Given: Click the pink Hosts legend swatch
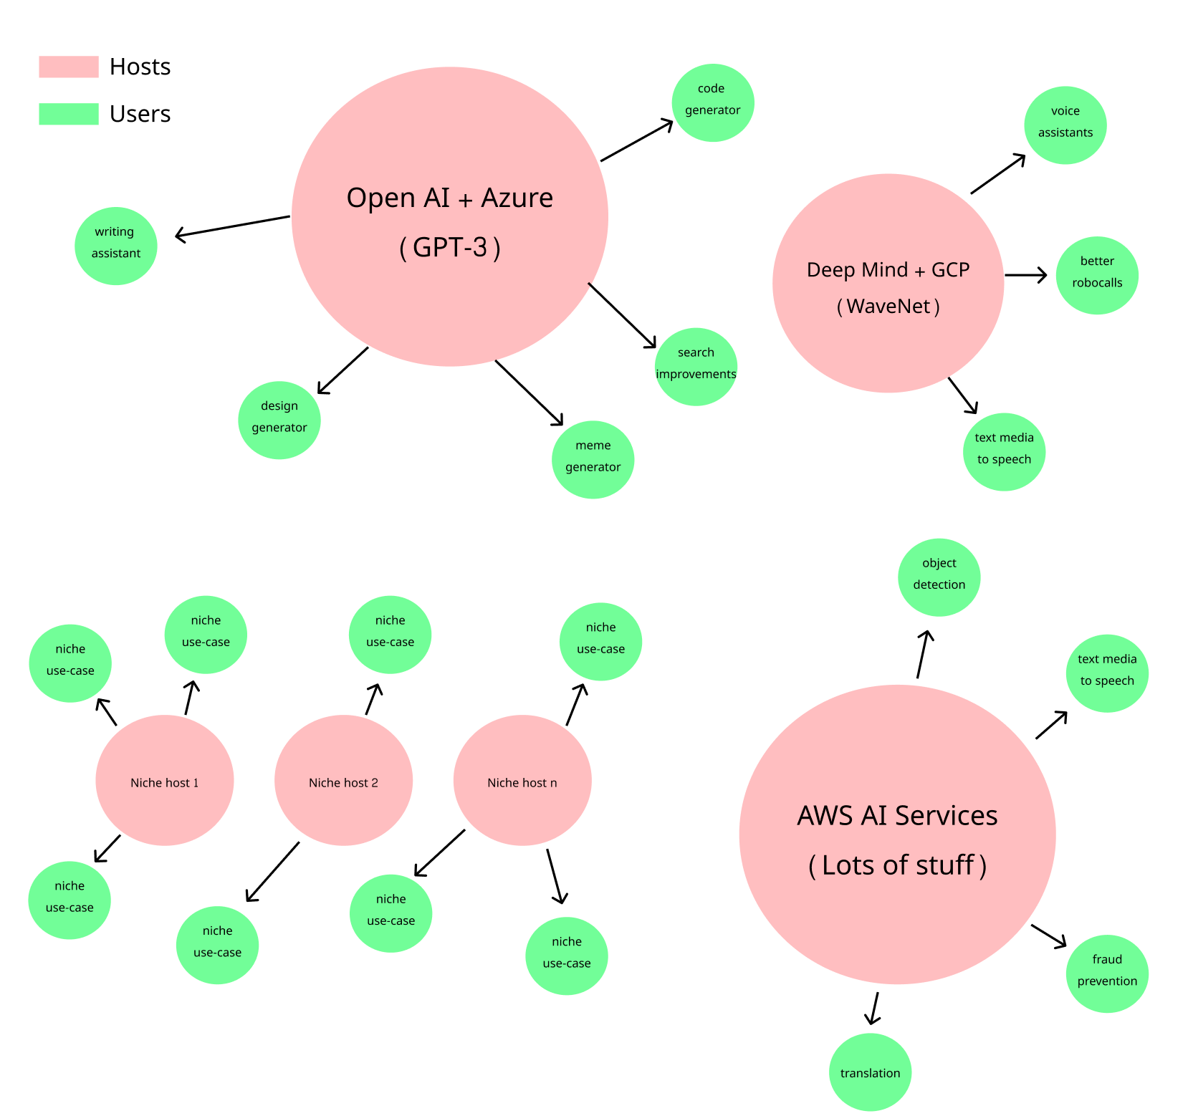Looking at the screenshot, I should pyautogui.click(x=69, y=67).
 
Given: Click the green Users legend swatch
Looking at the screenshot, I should pyautogui.click(x=69, y=114).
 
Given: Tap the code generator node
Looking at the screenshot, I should pyautogui.click(x=712, y=102).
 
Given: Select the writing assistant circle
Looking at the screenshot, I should pyautogui.click(x=116, y=246).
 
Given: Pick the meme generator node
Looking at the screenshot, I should pyautogui.click(x=593, y=459).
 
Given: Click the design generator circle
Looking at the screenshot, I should pyautogui.click(x=279, y=420).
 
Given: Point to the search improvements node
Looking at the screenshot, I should pyautogui.click(x=696, y=367).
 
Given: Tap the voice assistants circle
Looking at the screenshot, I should pyautogui.click(x=1065, y=125).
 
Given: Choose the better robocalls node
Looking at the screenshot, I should pyautogui.click(x=1097, y=275).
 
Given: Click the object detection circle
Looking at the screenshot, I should pyautogui.click(x=939, y=577).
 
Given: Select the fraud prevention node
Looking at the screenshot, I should pyautogui.click(x=1107, y=973).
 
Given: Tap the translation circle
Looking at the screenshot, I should pyautogui.click(x=870, y=1072).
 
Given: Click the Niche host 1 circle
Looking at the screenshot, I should pyautogui.click(x=165, y=781).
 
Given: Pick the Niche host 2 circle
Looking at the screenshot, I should pyautogui.click(x=343, y=781).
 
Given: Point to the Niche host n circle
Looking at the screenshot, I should pyautogui.click(x=522, y=781).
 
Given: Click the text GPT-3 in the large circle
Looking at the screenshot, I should pyautogui.click(x=450, y=247).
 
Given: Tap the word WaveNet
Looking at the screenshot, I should pyautogui.click(x=888, y=307).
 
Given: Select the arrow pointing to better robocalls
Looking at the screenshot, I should pyautogui.click(x=1025, y=275).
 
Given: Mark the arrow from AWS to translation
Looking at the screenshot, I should pyautogui.click(x=873, y=1008).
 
